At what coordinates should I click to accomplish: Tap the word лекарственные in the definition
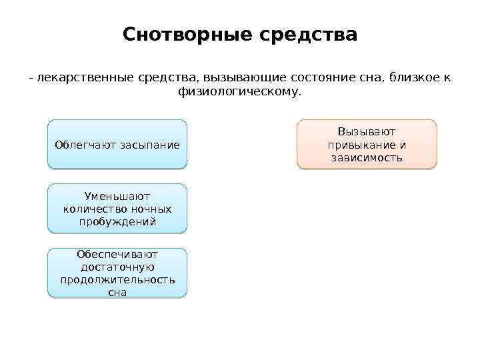(x=75, y=79)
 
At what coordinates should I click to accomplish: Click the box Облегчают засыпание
(x=117, y=143)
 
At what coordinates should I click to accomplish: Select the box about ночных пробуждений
(x=117, y=209)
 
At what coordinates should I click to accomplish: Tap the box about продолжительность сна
(x=117, y=273)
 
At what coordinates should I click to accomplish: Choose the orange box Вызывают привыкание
(x=366, y=143)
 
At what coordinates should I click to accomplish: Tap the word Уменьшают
(x=117, y=196)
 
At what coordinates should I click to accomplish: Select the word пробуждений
(x=117, y=221)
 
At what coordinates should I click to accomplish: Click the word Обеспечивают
(x=117, y=254)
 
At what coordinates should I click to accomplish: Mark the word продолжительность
(x=117, y=279)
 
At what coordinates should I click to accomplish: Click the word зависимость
(x=366, y=157)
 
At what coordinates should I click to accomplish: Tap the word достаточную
(x=117, y=267)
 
